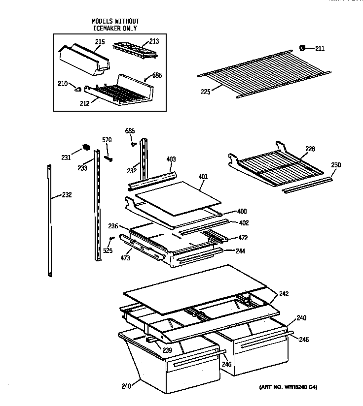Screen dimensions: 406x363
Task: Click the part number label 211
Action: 320,48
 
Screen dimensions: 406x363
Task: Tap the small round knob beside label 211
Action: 302,48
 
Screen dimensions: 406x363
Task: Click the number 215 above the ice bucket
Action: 100,42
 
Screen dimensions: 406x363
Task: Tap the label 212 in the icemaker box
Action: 85,103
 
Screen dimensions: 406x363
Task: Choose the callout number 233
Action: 82,168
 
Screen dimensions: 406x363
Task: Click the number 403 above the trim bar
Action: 171,159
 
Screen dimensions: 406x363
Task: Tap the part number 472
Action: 243,238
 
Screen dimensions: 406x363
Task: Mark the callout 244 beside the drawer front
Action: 240,251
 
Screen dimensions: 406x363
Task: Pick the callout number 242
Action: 284,294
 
